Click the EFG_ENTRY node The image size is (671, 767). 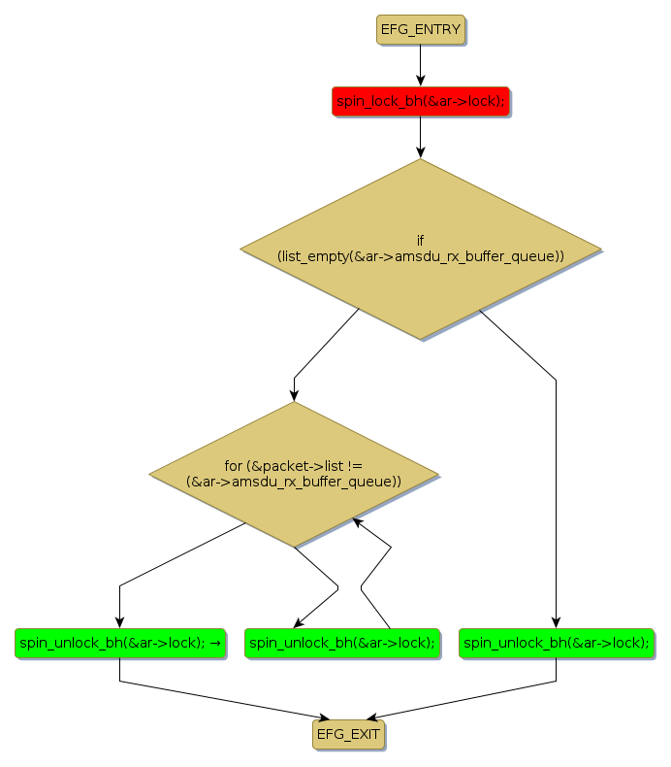pos(420,30)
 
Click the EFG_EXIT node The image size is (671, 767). pos(348,734)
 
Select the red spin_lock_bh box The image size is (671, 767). pos(420,101)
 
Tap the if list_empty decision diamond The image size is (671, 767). pos(420,249)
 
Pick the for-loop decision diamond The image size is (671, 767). pos(294,474)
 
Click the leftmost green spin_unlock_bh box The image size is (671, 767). pos(119,643)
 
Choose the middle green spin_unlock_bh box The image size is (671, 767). pos(341,643)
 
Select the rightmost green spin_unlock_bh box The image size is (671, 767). pos(556,643)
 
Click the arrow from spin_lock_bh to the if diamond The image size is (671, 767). pos(420,136)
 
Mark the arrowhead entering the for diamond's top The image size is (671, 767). pos(294,394)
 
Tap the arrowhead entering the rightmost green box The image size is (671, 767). pos(556,623)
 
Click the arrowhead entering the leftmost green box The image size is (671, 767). pos(119,623)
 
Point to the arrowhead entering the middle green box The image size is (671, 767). pos(300,623)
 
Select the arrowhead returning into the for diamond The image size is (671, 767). pos(358,522)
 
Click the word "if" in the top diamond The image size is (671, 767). pos(420,240)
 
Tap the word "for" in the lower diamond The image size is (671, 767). pos(233,466)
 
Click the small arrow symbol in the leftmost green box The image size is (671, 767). pos(215,643)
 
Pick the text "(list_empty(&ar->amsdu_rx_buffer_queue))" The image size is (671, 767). pos(420,256)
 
